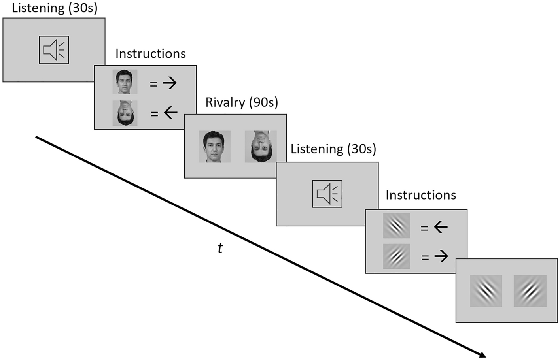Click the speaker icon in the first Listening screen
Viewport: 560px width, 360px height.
54,50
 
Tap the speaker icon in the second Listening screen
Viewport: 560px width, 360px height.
327,194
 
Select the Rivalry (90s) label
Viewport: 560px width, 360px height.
242,102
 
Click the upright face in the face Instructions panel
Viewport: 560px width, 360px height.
125,82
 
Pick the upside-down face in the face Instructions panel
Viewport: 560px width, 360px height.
125,113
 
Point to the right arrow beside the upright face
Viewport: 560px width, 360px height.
170,83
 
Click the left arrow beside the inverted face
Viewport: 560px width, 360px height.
170,113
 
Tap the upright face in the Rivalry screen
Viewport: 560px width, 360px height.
214,147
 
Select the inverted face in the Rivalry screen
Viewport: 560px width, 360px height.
260,147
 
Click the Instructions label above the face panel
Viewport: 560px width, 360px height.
150,54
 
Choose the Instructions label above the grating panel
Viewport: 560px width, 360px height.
420,195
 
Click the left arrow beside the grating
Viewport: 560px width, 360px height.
441,227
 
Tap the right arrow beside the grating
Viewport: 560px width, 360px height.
441,257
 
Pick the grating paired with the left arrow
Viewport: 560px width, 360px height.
396,226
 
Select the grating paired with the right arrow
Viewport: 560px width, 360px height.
396,256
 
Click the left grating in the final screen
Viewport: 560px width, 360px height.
486,291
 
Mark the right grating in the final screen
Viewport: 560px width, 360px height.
530,291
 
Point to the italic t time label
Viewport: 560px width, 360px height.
220,248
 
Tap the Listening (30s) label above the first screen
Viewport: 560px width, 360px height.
55,8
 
